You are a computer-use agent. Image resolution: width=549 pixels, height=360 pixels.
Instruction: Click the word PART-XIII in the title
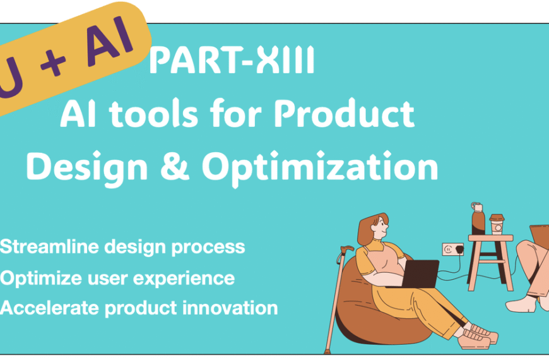pos(232,63)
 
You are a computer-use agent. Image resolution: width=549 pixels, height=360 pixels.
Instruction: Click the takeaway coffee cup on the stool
pos(497,223)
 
